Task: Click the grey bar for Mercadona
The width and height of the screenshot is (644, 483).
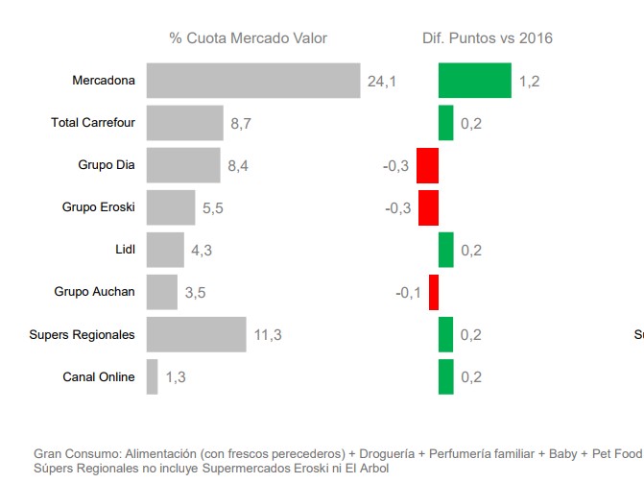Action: pos(252,81)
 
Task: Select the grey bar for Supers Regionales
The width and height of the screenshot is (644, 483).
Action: pos(196,334)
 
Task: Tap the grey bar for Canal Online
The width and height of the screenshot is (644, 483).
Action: pos(152,376)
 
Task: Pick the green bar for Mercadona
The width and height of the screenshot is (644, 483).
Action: pos(474,81)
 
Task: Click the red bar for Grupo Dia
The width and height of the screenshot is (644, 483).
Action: pos(427,165)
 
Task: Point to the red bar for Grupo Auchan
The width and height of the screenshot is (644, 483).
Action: pos(433,292)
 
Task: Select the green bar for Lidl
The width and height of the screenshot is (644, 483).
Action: pos(445,250)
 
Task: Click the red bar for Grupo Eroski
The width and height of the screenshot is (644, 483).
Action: pos(428,207)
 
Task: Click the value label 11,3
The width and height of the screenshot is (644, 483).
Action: pos(268,335)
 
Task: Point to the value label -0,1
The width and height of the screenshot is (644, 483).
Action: pos(408,293)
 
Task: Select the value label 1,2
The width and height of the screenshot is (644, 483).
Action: pos(529,82)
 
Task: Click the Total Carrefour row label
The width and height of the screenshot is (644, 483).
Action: pos(93,123)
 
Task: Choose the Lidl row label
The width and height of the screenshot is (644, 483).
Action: pos(125,250)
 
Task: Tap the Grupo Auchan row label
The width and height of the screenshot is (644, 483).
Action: pos(94,292)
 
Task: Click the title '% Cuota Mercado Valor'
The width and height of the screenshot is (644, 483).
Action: pos(248,38)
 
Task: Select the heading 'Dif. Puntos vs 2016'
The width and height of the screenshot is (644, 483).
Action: pos(487,38)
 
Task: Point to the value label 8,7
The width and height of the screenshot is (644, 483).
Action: pos(241,124)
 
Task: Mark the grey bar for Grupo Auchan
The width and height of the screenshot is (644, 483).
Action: pos(161,292)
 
